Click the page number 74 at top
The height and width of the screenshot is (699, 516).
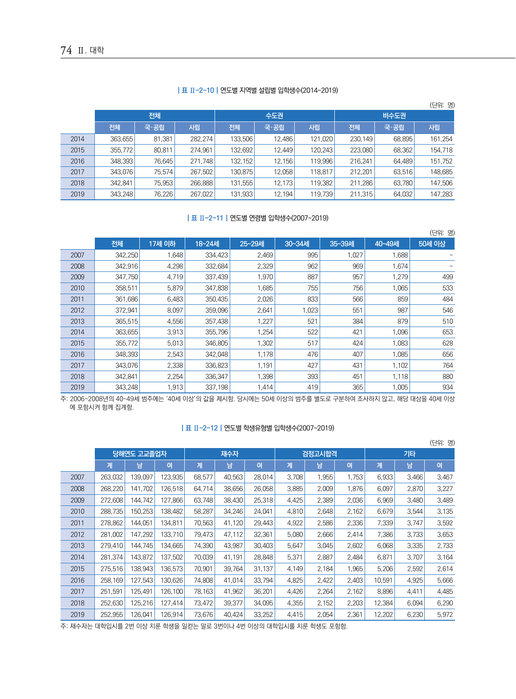point(66,50)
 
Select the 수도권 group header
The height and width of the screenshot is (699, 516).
point(274,116)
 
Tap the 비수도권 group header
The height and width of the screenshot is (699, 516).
point(394,116)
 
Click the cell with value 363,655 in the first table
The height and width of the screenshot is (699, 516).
point(122,139)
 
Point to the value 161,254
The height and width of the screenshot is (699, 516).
point(441,139)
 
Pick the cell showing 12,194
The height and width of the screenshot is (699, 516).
point(283,194)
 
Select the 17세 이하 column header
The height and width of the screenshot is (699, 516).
point(162,244)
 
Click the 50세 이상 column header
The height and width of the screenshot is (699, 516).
point(431,244)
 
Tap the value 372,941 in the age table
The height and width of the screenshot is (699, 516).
point(126,310)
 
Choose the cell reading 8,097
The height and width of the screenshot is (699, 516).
point(175,310)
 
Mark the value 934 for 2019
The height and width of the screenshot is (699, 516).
point(447,387)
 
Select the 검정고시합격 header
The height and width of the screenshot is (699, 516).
point(319,454)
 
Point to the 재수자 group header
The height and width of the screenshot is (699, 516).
point(229,454)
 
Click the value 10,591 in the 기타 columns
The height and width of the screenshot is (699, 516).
point(383,580)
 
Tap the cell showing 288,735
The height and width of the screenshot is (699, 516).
point(111,511)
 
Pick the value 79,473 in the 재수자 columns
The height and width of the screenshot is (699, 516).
point(203,534)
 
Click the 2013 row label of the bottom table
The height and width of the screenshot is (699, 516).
point(77,545)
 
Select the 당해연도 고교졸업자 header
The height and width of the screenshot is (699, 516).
point(139,454)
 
